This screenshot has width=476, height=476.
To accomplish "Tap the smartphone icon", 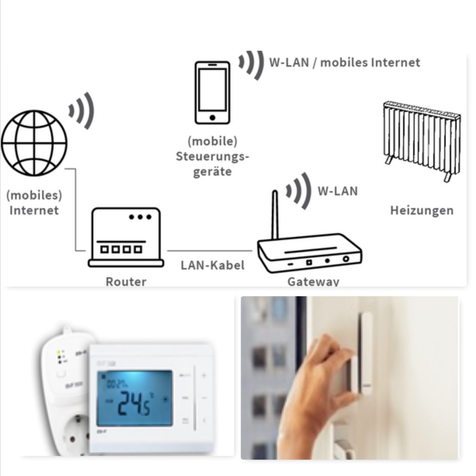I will (x=212, y=93).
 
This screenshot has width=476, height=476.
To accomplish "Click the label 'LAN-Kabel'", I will (x=212, y=265).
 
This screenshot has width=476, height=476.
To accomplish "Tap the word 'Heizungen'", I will (x=422, y=211).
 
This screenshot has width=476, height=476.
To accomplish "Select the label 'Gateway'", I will (x=313, y=282).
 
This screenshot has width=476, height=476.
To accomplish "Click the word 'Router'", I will (x=126, y=282).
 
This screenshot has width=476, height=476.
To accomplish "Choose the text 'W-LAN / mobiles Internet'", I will (x=344, y=62).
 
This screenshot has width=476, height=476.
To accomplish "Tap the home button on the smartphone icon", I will (x=212, y=117).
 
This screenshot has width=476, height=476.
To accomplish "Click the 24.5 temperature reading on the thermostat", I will (x=133, y=401).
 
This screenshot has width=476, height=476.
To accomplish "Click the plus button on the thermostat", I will (x=204, y=375).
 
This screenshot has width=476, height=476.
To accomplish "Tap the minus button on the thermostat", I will (x=204, y=398).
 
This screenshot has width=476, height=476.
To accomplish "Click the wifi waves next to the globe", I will (x=82, y=111).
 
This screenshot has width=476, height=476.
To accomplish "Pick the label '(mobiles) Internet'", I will (x=34, y=202).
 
